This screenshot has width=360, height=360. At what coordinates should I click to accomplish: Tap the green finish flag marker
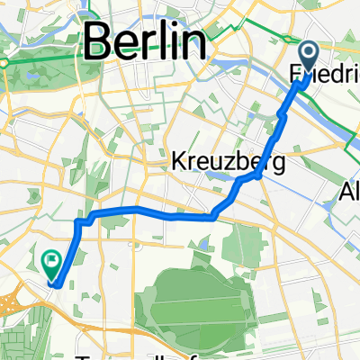51,263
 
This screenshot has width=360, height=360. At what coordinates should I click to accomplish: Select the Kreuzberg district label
228,163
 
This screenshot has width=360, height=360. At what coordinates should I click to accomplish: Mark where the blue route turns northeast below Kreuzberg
215,215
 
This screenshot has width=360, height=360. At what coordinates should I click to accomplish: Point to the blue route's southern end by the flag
59,285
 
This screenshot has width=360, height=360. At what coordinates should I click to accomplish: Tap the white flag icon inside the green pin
51,261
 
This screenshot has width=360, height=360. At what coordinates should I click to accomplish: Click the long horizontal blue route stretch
153,211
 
